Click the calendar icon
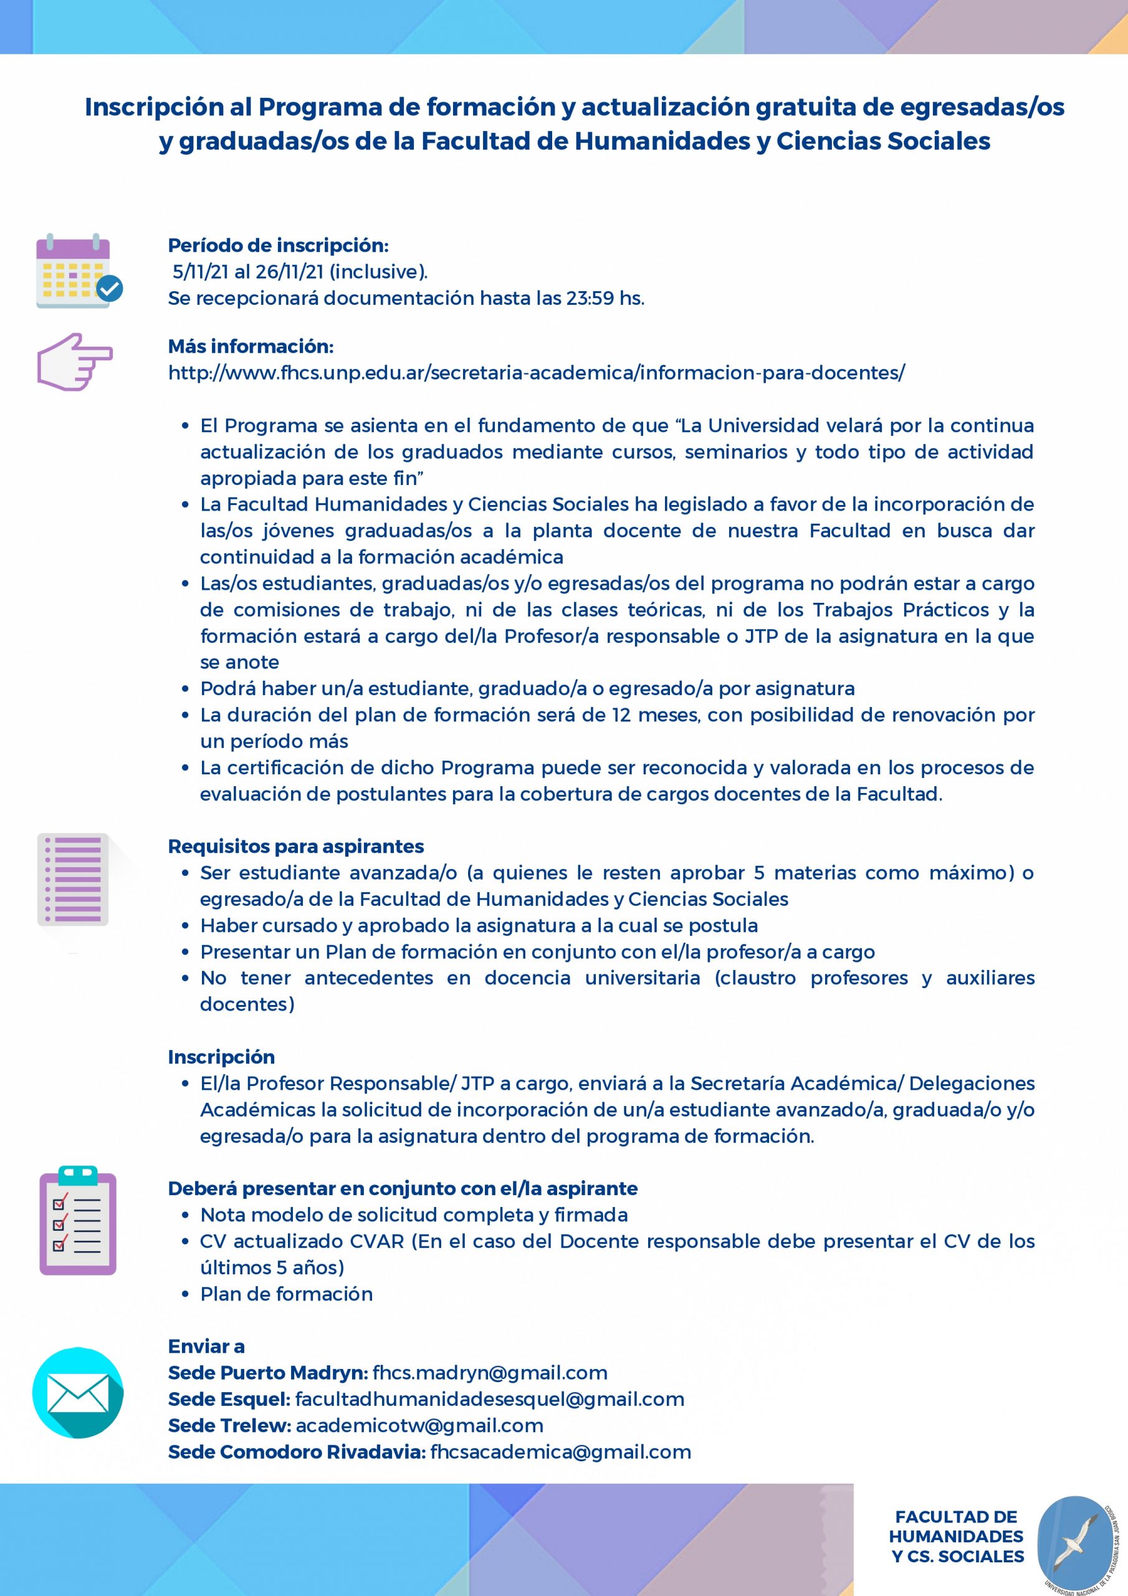(x=73, y=271)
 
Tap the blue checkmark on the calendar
(x=109, y=288)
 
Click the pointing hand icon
(x=74, y=362)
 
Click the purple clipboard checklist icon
(x=78, y=1221)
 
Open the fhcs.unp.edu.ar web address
(x=537, y=373)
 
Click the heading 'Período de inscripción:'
(x=278, y=246)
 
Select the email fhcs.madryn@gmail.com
(x=490, y=1373)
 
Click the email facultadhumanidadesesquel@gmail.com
(x=490, y=1398)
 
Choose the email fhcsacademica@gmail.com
(x=560, y=1451)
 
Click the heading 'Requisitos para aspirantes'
(x=296, y=846)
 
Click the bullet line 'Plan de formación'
(x=286, y=1294)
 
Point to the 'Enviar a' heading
(x=206, y=1347)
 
